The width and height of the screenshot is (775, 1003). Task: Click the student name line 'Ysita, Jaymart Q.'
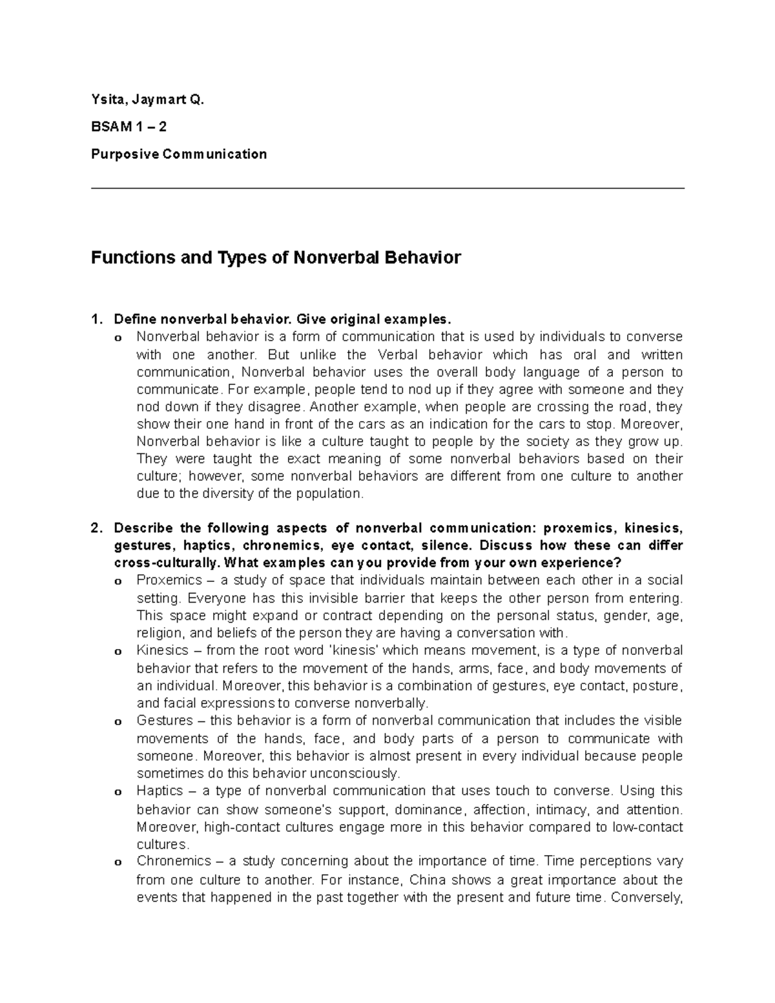147,99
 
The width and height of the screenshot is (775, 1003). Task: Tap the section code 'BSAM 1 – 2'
129,127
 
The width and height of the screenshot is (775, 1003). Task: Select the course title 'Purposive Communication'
179,154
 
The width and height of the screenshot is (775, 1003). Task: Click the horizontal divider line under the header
387,189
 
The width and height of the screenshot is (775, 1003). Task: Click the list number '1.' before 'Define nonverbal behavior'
96,319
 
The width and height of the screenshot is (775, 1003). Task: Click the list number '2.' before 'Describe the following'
96,528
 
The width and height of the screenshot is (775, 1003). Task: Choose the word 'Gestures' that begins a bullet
165,720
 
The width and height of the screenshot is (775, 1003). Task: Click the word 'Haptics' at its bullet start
160,791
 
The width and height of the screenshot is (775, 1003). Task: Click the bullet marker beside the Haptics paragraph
118,792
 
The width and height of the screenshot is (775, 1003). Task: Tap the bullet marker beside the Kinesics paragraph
118,652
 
